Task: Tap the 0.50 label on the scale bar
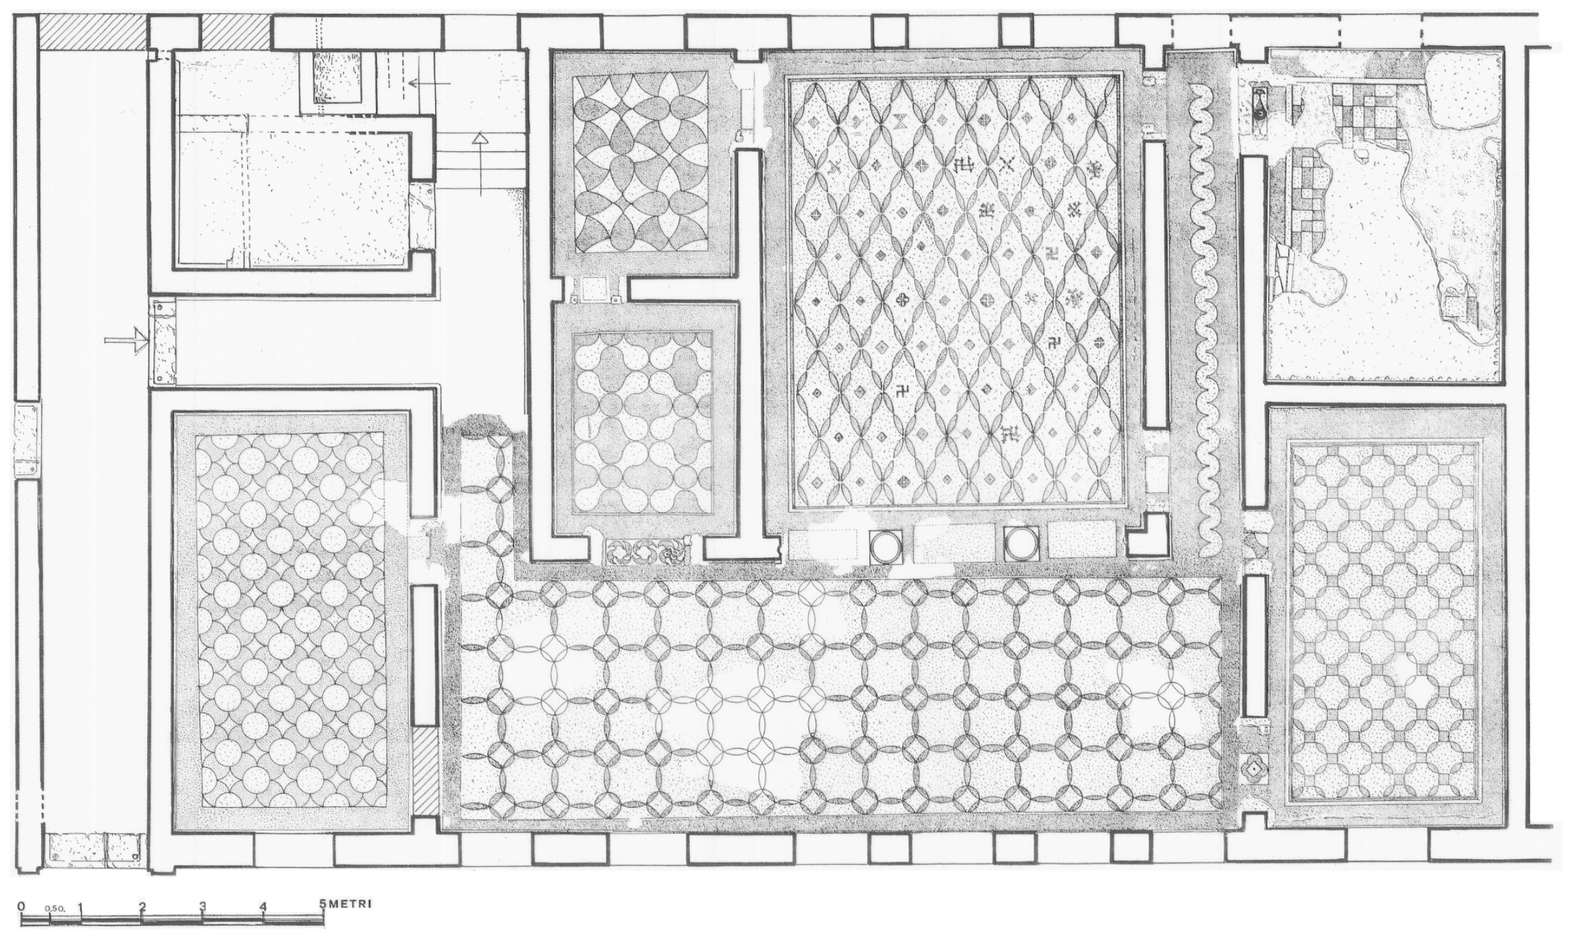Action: pos(54,909)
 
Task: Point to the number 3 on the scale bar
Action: pos(202,907)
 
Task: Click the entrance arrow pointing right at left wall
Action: pos(126,341)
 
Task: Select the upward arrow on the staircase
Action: pos(480,162)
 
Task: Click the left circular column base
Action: pos(885,545)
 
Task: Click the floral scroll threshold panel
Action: pos(646,551)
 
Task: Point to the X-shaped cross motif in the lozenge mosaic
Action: pos(1007,164)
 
